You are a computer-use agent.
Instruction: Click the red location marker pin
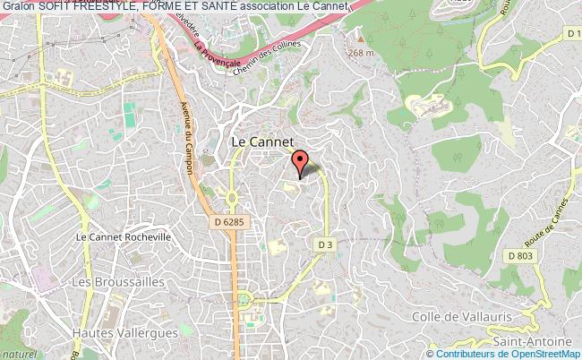(300, 162)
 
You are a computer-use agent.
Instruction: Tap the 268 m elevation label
(361, 52)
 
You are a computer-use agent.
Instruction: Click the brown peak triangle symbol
(361, 39)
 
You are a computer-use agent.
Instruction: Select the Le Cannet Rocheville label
(123, 237)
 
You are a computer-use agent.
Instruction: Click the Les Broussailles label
(107, 282)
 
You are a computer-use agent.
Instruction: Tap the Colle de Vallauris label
(460, 316)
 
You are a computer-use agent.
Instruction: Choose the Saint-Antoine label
(531, 341)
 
